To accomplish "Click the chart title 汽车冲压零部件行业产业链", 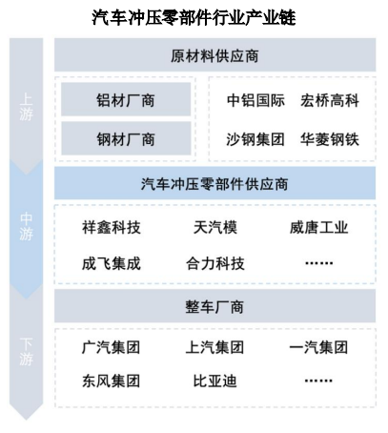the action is coord(194,17).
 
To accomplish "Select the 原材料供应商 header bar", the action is coord(214,55).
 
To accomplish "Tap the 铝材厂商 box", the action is coord(126,99).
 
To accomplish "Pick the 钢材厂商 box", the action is coord(126,138).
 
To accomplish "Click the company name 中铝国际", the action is coord(255,100).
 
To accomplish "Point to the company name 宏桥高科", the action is coord(330,100).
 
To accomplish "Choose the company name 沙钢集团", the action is coord(255,139).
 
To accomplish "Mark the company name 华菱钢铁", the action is coord(330,139).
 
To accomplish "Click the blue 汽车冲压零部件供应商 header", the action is coord(214,183).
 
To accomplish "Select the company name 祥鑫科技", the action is coord(112,227).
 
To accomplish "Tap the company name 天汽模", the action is coord(215,227).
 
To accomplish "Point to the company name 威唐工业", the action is coord(318,227).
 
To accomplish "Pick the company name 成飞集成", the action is coord(112,263).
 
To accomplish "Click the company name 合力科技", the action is coord(215,263).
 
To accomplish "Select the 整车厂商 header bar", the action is coord(214,306).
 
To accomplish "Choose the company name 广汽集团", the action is coord(111,347).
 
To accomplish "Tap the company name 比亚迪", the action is coord(215,381).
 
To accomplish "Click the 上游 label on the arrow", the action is coord(26,107).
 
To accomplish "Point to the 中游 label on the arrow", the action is coord(26,226).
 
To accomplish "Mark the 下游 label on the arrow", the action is coord(26,352).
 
